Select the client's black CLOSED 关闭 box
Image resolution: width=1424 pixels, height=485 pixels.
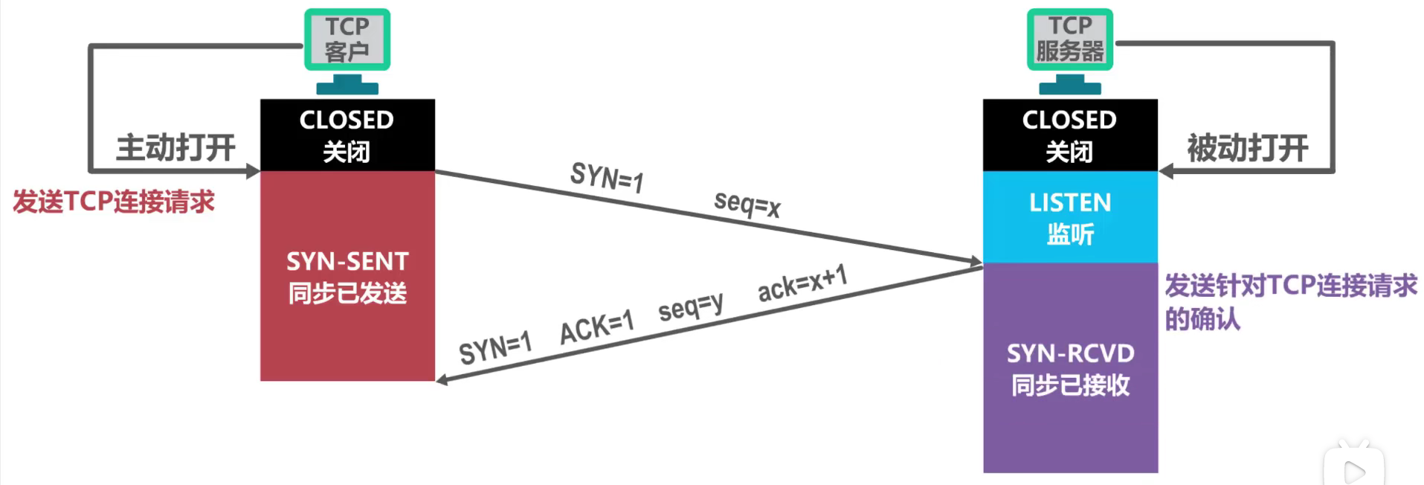[347, 135]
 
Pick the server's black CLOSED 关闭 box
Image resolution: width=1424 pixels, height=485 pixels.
[1069, 135]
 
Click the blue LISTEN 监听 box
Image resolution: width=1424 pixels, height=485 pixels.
[1070, 217]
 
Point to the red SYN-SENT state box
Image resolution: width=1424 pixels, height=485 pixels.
[347, 277]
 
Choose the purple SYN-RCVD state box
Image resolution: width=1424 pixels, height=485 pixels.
[1070, 368]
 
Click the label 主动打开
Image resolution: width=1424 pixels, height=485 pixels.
[175, 147]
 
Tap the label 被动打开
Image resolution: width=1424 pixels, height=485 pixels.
[1247, 148]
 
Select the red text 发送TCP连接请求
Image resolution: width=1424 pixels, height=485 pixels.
[114, 202]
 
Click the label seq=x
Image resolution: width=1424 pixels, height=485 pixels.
[747, 203]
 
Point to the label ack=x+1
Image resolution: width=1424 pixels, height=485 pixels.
[802, 283]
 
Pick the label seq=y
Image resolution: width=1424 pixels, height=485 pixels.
[690, 306]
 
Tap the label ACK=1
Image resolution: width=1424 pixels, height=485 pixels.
[596, 327]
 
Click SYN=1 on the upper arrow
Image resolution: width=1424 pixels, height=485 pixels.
[607, 177]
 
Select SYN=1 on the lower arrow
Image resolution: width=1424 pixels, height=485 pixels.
[495, 348]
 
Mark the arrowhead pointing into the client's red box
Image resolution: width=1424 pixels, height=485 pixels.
[442, 380]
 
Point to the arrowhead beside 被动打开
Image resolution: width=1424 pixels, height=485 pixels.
[1166, 172]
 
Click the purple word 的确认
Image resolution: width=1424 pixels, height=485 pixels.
[1202, 319]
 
